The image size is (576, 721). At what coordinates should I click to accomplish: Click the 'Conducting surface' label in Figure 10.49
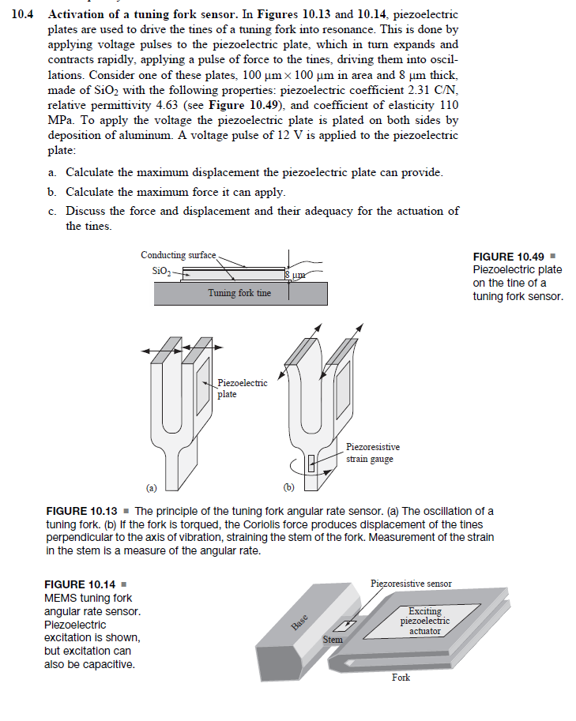tap(177, 255)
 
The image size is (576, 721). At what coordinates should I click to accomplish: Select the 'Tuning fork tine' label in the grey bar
tap(239, 293)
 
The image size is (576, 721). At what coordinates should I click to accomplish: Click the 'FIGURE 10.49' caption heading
tap(509, 257)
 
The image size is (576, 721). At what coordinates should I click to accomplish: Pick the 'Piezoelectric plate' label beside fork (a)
tap(242, 388)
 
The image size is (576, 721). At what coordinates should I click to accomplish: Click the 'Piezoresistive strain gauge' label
tap(373, 453)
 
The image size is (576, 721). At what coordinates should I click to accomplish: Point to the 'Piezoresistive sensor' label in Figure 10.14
tap(411, 584)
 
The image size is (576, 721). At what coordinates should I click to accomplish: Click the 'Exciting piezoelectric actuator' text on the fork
tap(425, 621)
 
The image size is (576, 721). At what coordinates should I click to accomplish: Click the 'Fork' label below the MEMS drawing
tap(401, 678)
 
